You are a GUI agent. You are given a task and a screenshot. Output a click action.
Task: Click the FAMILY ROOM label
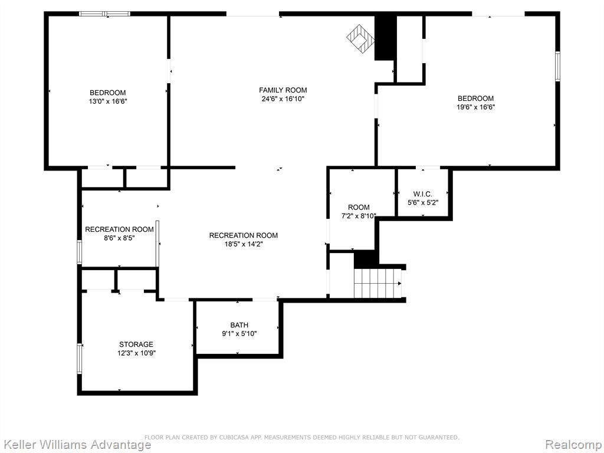[x=283, y=90]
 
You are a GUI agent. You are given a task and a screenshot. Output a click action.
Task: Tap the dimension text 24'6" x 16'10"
[x=283, y=99]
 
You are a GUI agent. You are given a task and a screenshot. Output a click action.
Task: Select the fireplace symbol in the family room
[x=360, y=38]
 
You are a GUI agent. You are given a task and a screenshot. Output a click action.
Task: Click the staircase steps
[x=377, y=283]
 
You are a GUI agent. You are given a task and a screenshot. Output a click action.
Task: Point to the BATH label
[x=239, y=325]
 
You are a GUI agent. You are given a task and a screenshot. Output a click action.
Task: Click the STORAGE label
[x=136, y=344]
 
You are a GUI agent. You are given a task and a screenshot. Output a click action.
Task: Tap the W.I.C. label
[x=422, y=194]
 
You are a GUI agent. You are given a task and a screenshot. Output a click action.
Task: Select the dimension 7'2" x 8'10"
[x=359, y=216]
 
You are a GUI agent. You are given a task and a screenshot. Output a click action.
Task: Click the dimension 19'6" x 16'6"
[x=476, y=107]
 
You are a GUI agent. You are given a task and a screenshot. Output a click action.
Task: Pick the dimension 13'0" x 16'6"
[x=107, y=101]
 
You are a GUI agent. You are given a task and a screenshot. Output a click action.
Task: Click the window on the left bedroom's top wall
[x=105, y=14]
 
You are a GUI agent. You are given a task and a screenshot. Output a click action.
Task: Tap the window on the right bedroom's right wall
[x=557, y=66]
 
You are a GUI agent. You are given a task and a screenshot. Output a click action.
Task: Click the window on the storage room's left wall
[x=80, y=359]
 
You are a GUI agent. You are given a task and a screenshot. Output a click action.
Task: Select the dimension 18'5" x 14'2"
[x=244, y=244]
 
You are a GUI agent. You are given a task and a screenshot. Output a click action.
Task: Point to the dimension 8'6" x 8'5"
[x=119, y=238]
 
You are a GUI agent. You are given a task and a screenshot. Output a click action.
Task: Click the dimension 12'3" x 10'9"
[x=136, y=353]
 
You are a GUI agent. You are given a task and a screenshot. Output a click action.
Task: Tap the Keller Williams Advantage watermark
[x=76, y=445]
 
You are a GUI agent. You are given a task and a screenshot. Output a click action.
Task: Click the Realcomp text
[x=573, y=445]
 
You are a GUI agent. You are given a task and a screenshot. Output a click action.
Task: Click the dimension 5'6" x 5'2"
[x=422, y=203]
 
